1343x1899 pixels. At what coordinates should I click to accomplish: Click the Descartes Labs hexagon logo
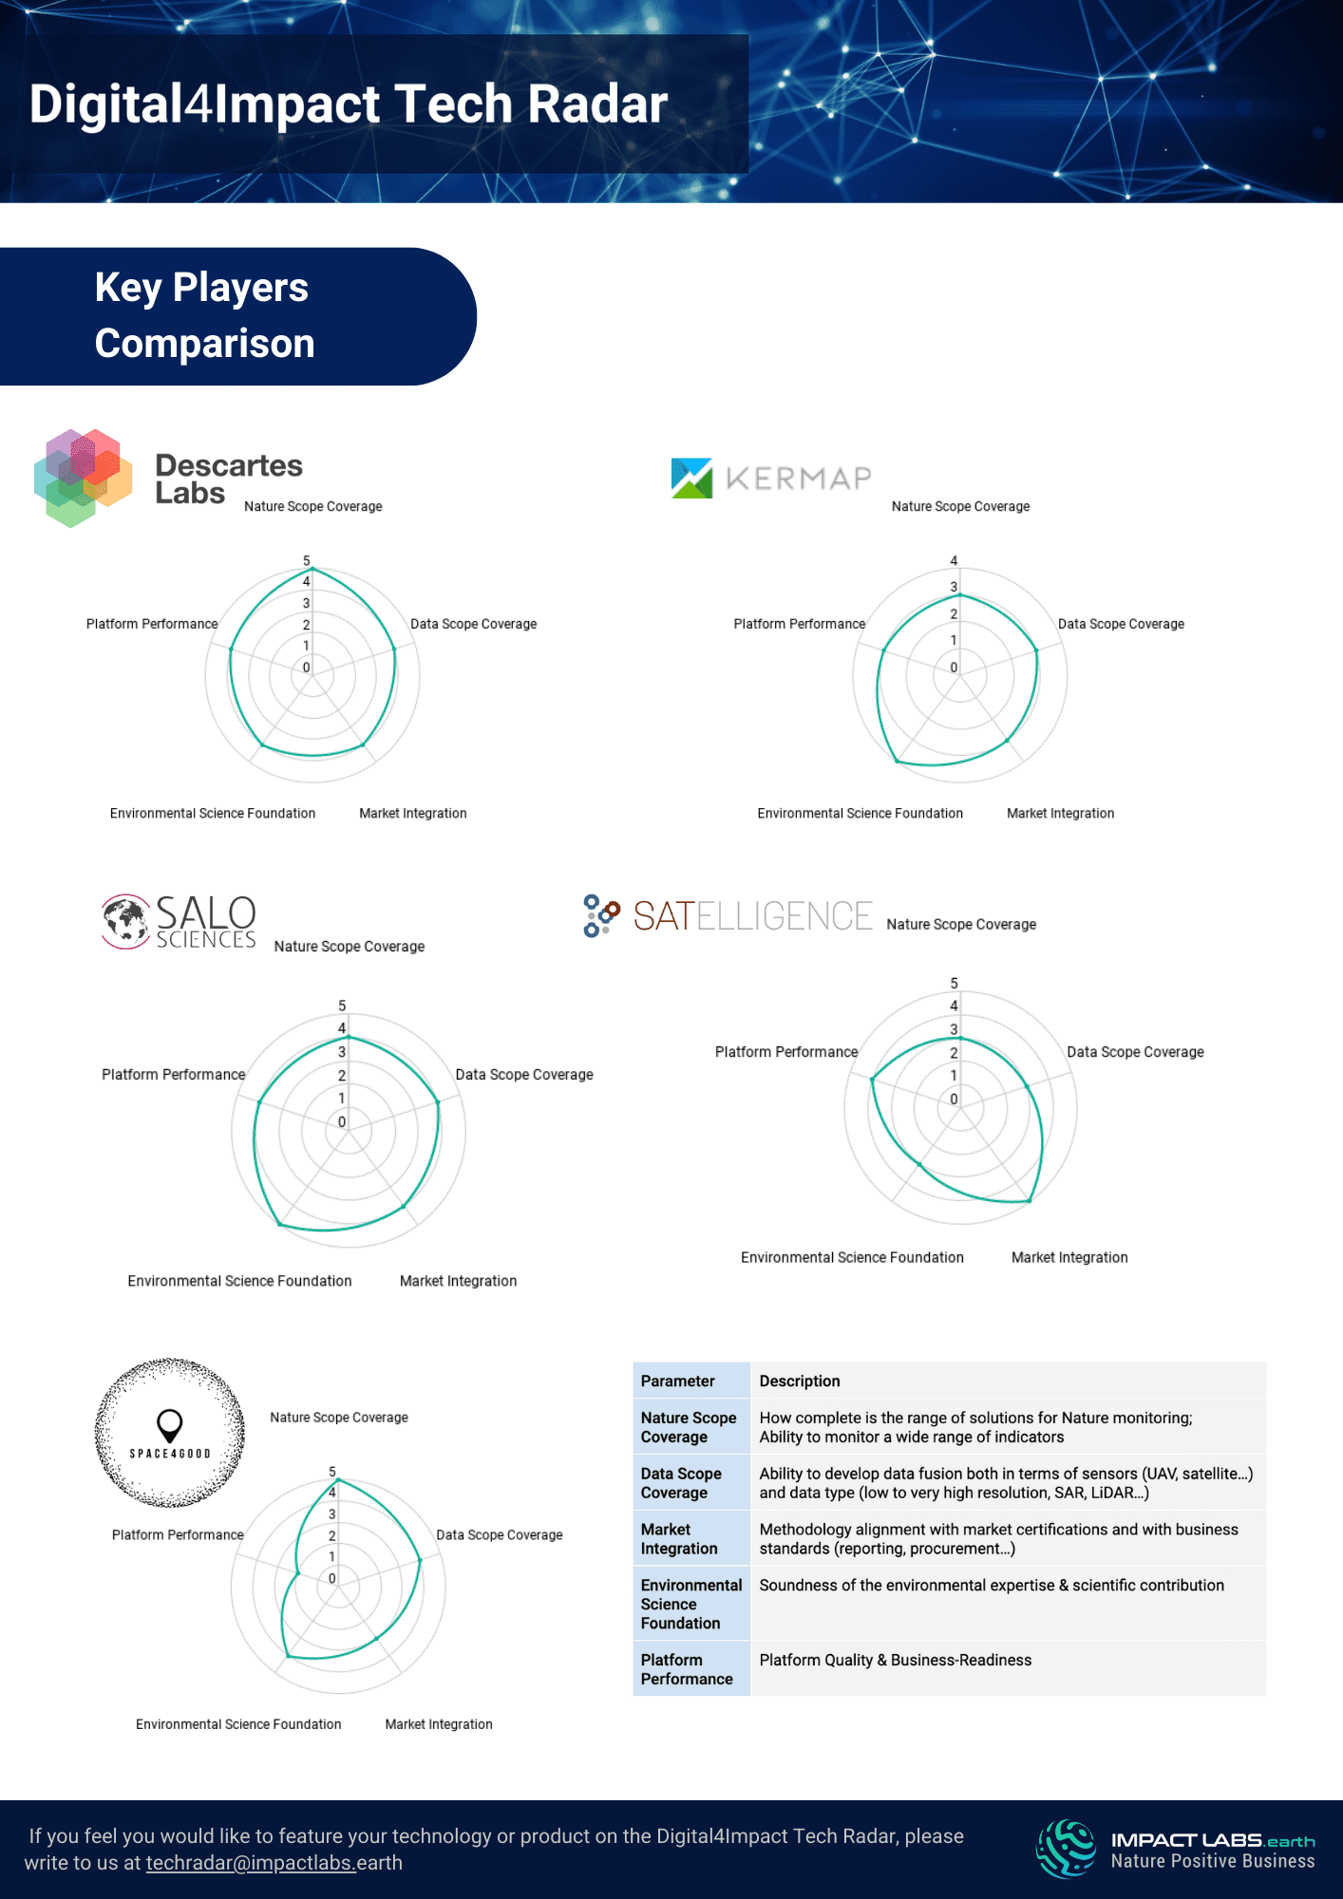point(83,477)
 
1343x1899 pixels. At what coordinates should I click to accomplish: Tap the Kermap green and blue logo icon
point(691,478)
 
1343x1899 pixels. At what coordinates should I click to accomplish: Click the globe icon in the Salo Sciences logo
point(125,921)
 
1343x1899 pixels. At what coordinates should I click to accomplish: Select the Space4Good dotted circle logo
point(170,1433)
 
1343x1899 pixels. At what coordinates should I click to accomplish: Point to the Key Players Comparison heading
point(204,315)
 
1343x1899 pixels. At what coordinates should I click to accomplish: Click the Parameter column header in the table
point(677,1381)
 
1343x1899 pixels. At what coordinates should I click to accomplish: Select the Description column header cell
point(800,1381)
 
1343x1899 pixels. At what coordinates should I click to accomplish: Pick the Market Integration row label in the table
point(679,1538)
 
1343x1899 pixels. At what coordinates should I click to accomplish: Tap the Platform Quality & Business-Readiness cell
point(895,1660)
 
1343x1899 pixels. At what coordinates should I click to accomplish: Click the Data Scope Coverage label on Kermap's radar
point(1121,624)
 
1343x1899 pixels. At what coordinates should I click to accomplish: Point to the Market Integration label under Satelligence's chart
point(1069,1257)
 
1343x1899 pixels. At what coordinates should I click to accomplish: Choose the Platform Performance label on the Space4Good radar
point(178,1534)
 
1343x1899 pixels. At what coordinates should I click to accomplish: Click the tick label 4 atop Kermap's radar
point(954,561)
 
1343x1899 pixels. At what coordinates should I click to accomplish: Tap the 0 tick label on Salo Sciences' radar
point(342,1121)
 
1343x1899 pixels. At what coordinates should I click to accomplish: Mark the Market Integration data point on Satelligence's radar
point(1029,1201)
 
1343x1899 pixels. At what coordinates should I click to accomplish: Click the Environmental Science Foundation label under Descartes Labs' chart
point(213,813)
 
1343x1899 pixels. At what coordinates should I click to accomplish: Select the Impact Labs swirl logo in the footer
point(1067,1848)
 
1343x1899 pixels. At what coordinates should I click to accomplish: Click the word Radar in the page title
point(597,103)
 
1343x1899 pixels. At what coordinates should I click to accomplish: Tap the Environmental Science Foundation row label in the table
point(690,1604)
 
